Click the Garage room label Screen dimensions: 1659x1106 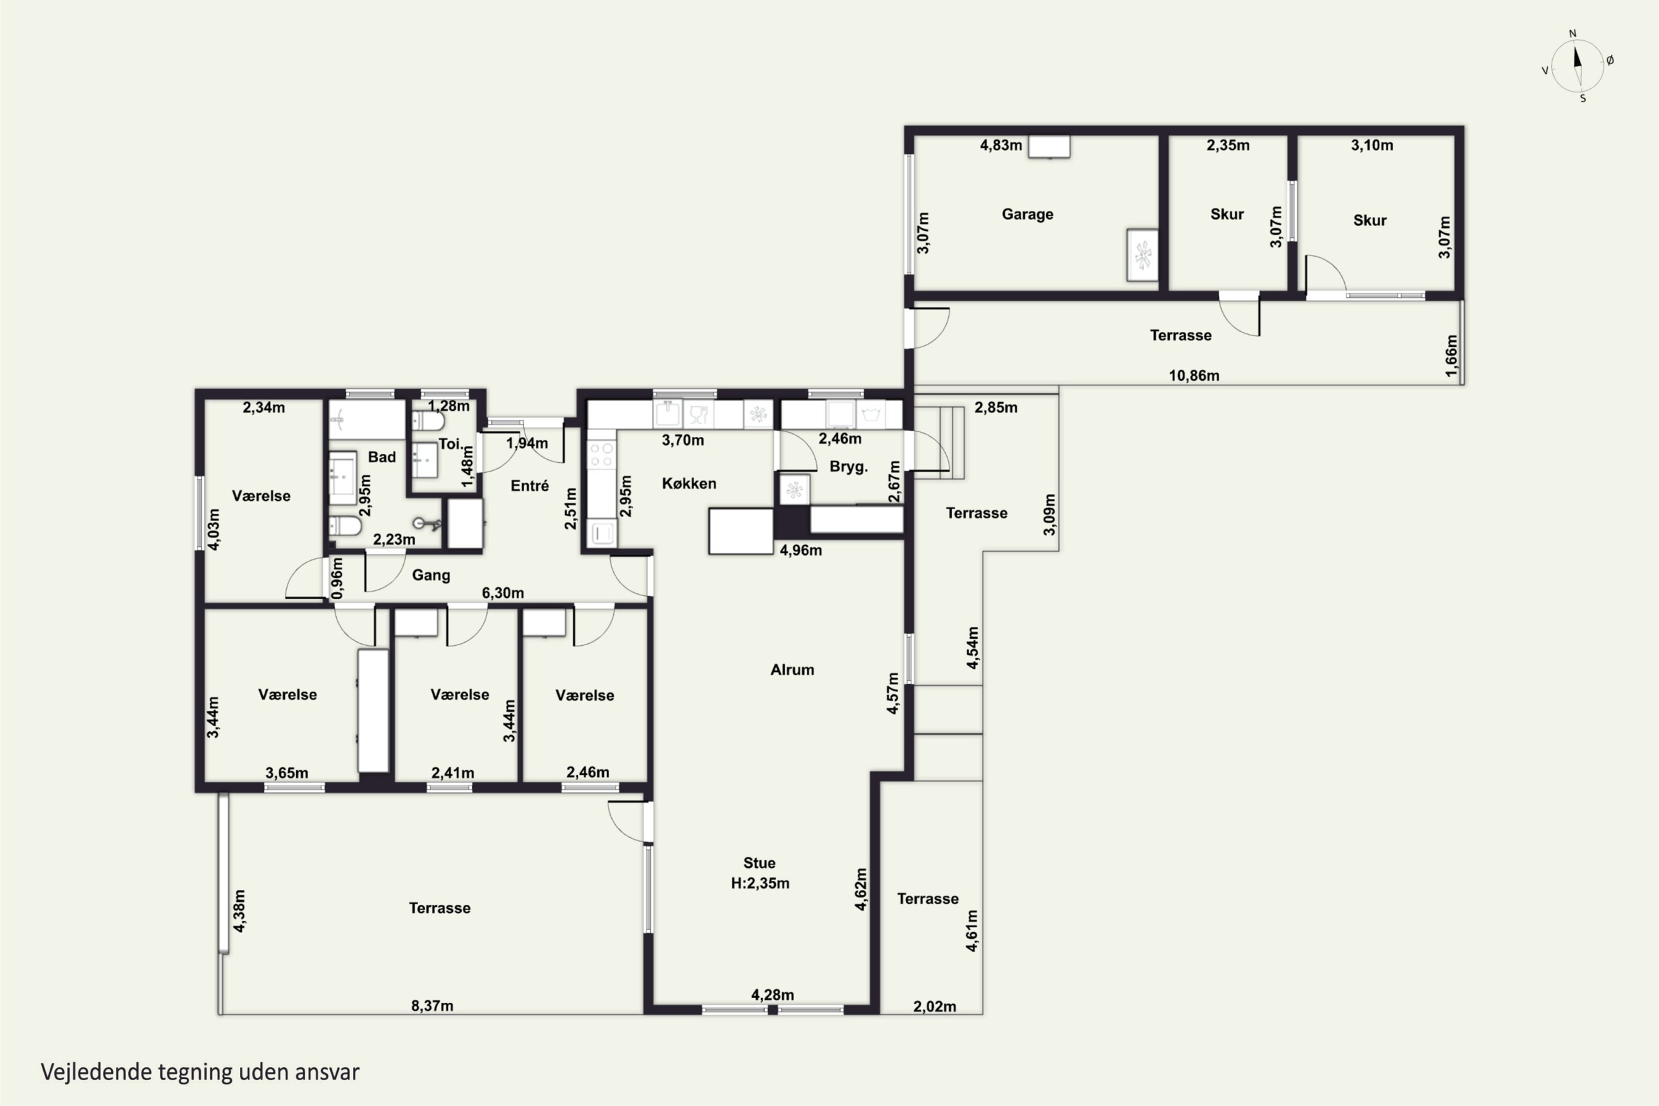(x=1027, y=215)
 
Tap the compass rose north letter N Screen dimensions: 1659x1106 (x=1572, y=33)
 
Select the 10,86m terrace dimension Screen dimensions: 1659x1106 (x=1193, y=375)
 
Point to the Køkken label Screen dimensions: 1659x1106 (x=688, y=483)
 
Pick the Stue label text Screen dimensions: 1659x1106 (x=759, y=863)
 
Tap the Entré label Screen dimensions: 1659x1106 (x=529, y=486)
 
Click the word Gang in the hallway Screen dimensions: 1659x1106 (x=430, y=575)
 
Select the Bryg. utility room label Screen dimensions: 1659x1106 (x=848, y=467)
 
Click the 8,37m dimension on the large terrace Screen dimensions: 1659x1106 (x=432, y=1006)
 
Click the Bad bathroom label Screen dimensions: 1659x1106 (x=382, y=457)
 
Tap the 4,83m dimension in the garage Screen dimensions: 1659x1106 (x=1000, y=145)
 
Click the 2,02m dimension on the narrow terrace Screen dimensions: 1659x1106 (x=935, y=1006)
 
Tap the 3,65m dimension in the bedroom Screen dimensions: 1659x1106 (x=286, y=773)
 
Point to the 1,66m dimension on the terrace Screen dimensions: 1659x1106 (x=1451, y=356)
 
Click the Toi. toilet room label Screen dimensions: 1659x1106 (x=451, y=444)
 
